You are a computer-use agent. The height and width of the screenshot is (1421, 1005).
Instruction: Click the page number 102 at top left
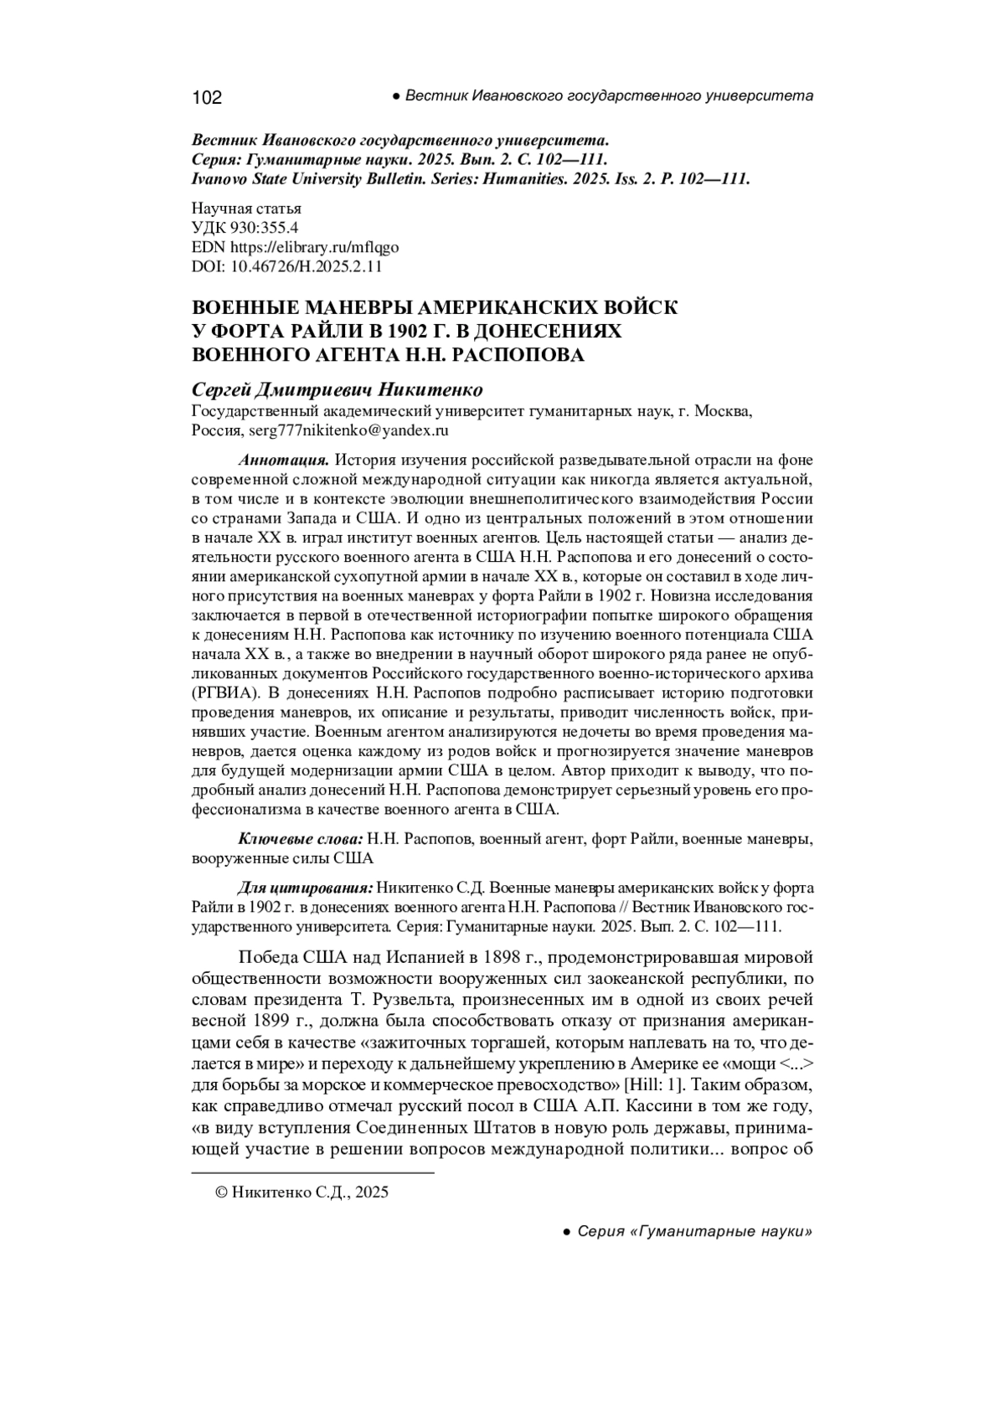click(x=207, y=98)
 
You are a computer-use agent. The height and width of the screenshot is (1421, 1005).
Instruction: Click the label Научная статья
click(x=246, y=208)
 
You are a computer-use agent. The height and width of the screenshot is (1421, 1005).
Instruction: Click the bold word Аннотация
click(x=283, y=460)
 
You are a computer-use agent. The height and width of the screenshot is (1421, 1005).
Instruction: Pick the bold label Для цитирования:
click(x=306, y=888)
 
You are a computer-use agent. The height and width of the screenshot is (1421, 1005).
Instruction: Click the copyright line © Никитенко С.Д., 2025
click(x=302, y=1192)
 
